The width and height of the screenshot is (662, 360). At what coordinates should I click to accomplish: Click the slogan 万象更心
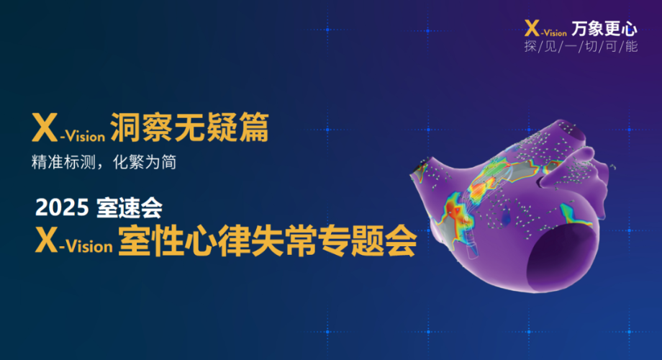[604, 29]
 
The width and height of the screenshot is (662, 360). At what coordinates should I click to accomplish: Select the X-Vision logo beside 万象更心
[545, 28]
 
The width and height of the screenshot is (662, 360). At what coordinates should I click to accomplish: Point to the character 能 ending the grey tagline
[631, 46]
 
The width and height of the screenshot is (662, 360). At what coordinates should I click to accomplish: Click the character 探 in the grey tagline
[530, 46]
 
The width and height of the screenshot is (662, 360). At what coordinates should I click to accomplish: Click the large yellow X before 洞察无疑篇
[45, 127]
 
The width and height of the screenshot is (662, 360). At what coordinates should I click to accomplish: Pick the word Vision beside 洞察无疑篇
[86, 136]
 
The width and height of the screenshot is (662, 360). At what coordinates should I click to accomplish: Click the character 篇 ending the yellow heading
[254, 127]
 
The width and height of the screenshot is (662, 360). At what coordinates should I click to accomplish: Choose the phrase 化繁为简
[145, 162]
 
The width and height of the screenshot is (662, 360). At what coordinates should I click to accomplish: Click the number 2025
[62, 207]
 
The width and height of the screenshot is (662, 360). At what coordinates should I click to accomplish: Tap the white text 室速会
[130, 207]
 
